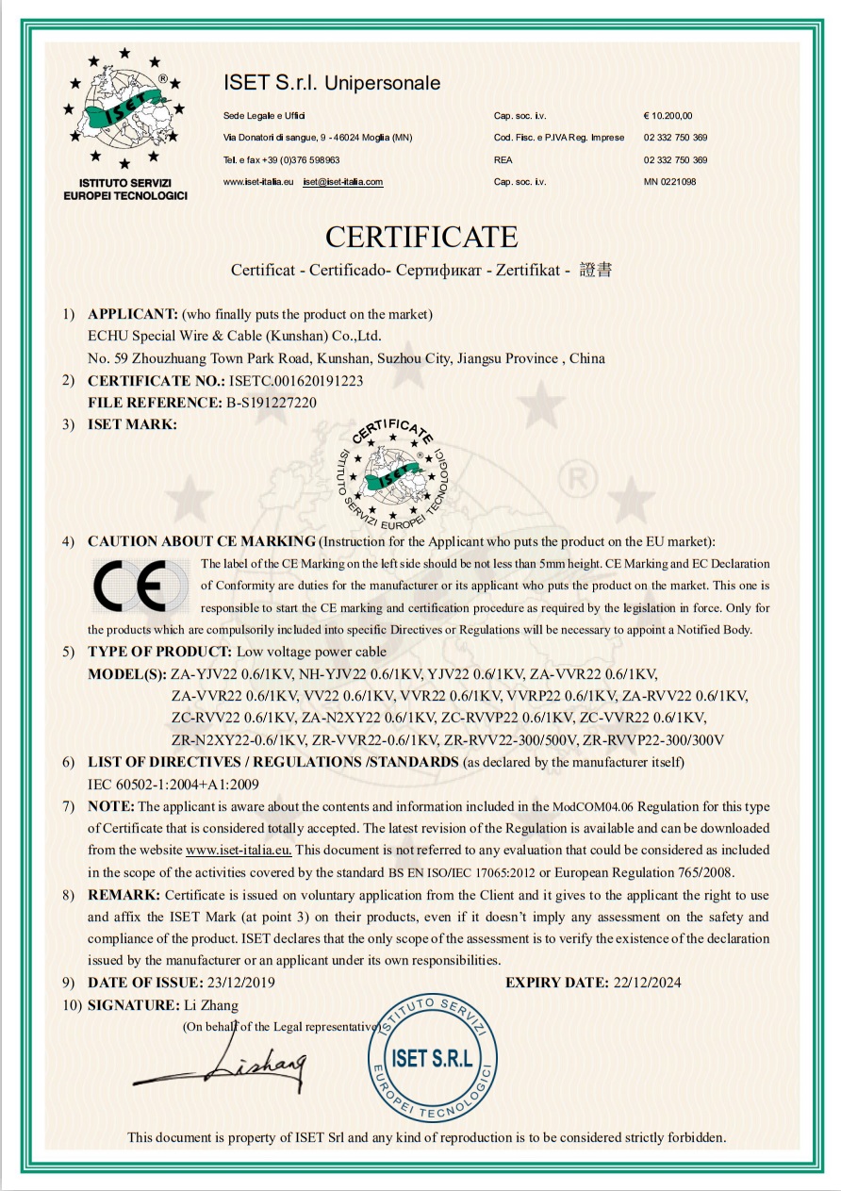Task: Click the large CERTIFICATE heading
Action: pyautogui.click(x=421, y=236)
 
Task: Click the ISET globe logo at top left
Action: pyautogui.click(x=124, y=111)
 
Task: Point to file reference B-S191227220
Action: pyautogui.click(x=272, y=403)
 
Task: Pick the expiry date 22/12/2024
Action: pyautogui.click(x=645, y=983)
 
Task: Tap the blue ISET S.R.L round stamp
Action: pyautogui.click(x=432, y=1057)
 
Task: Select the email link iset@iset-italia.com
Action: pyautogui.click(x=342, y=182)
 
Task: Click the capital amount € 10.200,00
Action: pyautogui.click(x=668, y=116)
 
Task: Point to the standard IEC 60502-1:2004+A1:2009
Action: pyautogui.click(x=173, y=784)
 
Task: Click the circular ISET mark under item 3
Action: pyautogui.click(x=394, y=473)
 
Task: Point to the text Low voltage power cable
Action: pyautogui.click(x=311, y=652)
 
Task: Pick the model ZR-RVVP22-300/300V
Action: pyautogui.click(x=653, y=739)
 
